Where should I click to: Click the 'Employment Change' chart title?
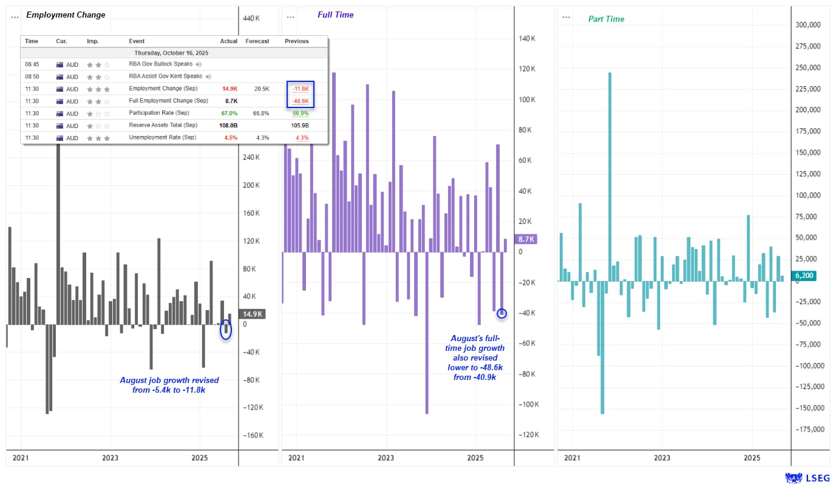(66, 15)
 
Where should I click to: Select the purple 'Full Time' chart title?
(335, 15)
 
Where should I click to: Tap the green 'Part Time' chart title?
(606, 19)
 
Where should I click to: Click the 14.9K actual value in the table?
(229, 89)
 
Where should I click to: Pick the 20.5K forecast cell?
(262, 89)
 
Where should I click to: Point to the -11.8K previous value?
(301, 89)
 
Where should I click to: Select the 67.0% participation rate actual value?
(229, 114)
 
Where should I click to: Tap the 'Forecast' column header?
(257, 41)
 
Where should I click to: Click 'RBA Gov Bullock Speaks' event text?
(160, 64)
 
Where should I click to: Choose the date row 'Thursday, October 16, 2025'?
(174, 53)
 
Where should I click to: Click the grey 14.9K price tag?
(252, 314)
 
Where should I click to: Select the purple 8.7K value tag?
(525, 240)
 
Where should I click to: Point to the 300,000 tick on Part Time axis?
(807, 25)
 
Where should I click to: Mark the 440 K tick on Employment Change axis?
(252, 18)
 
